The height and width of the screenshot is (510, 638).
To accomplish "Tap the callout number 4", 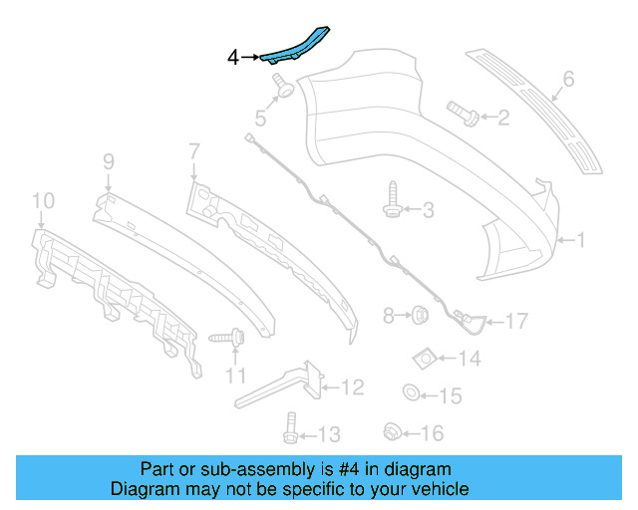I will [x=233, y=59].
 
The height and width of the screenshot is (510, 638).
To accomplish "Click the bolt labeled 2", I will [x=461, y=113].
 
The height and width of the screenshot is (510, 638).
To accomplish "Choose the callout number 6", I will [x=568, y=78].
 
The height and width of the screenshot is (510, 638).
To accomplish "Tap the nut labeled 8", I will [x=421, y=317].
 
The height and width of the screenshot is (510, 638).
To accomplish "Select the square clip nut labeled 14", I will [x=423, y=357].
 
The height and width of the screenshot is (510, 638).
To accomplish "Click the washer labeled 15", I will [x=412, y=393].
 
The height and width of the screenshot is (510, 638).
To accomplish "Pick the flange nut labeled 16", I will [x=392, y=431].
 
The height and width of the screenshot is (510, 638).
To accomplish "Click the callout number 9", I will [x=108, y=159].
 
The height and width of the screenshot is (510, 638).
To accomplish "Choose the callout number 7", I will [x=193, y=151].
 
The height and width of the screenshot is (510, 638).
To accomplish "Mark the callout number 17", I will [x=514, y=321].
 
